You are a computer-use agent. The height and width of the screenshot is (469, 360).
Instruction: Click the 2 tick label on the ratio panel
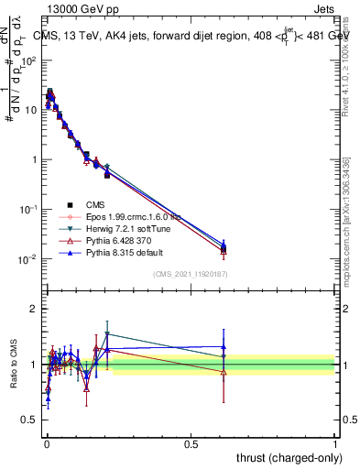(34, 309)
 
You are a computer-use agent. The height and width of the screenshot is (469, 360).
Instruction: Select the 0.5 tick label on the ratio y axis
(30, 420)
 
